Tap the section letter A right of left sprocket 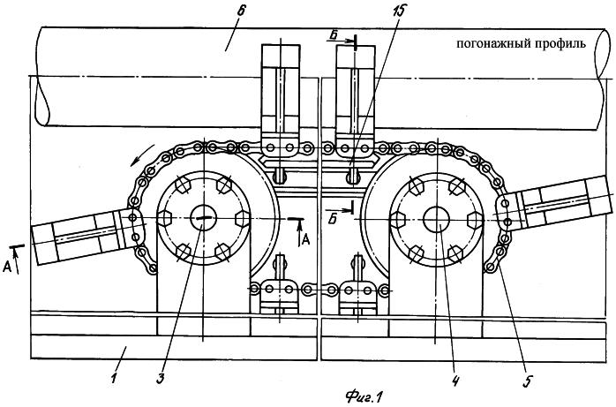[305, 239]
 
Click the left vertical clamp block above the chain [283, 97]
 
